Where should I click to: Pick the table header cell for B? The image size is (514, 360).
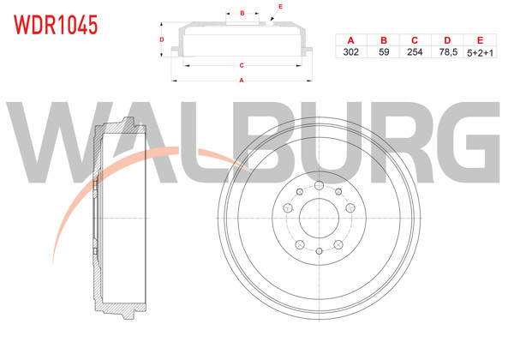coord(384,39)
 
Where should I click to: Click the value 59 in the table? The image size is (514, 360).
coord(384,51)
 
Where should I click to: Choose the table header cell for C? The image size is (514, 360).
coord(415,39)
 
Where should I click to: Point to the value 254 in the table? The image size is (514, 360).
coord(415,51)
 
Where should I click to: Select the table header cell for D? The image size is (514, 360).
coord(446,39)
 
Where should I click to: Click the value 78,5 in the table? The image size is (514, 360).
coord(446,51)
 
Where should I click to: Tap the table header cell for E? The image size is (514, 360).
coord(479,39)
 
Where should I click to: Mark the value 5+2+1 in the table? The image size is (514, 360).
coord(479,51)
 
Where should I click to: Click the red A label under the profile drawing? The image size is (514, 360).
coord(242,81)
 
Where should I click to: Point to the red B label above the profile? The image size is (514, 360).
coord(243,13)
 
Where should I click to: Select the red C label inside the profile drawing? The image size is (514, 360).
coord(242,65)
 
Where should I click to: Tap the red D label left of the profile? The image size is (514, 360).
coord(162,40)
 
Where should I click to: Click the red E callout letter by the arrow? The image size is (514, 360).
coord(280,7)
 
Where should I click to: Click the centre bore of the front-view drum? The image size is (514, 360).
coord(318,218)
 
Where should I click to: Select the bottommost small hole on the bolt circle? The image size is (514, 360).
coord(318,251)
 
